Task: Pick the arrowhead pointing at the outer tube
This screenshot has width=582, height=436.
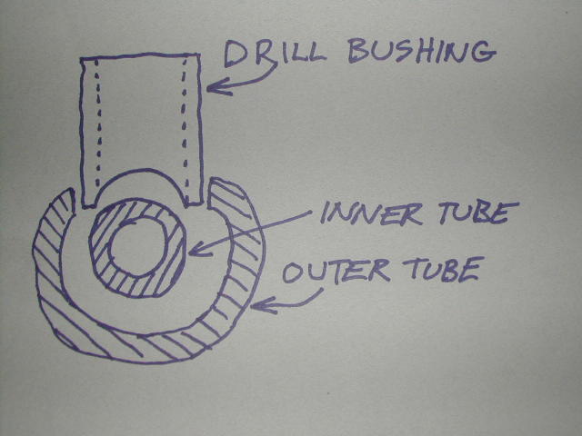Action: (256, 307)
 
